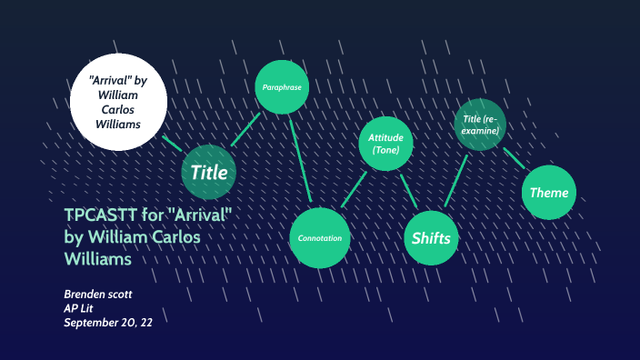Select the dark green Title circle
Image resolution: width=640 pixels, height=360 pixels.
[x=209, y=171]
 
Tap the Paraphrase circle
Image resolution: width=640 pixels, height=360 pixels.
[x=283, y=88]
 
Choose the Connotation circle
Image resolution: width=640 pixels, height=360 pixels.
[x=320, y=238]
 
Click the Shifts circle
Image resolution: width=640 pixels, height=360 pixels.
[x=431, y=238]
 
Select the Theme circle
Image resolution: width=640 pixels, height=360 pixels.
[x=549, y=192]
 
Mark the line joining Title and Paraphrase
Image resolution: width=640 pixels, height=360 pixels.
[x=246, y=129]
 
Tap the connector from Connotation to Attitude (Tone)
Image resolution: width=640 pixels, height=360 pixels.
[x=353, y=191]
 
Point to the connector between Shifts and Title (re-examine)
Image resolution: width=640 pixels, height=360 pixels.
[x=456, y=179]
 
